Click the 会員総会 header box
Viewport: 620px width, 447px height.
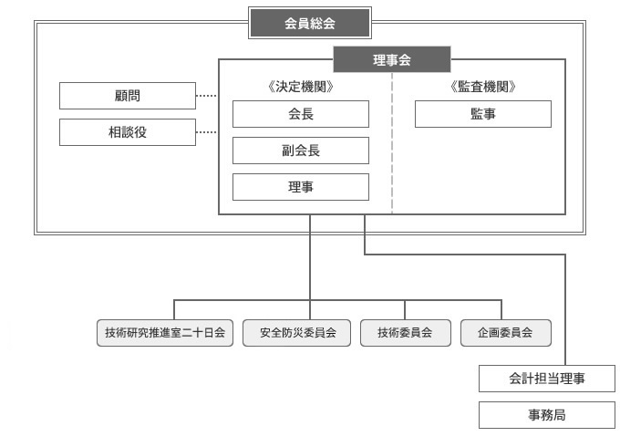(310, 23)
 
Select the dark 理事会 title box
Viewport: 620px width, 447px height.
(392, 59)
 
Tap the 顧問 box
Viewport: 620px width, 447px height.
(128, 96)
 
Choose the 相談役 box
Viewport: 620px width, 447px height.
(128, 132)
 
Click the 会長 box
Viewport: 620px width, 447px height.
(301, 114)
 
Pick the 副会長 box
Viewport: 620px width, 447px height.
(301, 151)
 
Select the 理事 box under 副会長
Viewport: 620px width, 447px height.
(301, 187)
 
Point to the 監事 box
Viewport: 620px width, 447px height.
(483, 114)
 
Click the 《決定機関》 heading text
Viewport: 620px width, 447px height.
(301, 87)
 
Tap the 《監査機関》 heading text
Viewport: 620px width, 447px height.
(483, 87)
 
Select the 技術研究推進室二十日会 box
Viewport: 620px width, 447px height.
(165, 333)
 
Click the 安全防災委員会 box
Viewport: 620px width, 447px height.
(296, 333)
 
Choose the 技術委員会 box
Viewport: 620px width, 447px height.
(406, 333)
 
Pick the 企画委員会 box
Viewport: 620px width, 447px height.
(506, 333)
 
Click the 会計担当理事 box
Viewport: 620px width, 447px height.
(547, 379)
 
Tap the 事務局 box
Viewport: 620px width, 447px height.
(547, 415)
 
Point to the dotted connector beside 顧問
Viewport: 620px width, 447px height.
(206, 96)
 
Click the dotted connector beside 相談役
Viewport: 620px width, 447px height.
(206, 132)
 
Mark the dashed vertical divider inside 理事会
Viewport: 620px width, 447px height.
(392, 143)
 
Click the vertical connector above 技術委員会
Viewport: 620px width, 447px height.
(405, 310)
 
